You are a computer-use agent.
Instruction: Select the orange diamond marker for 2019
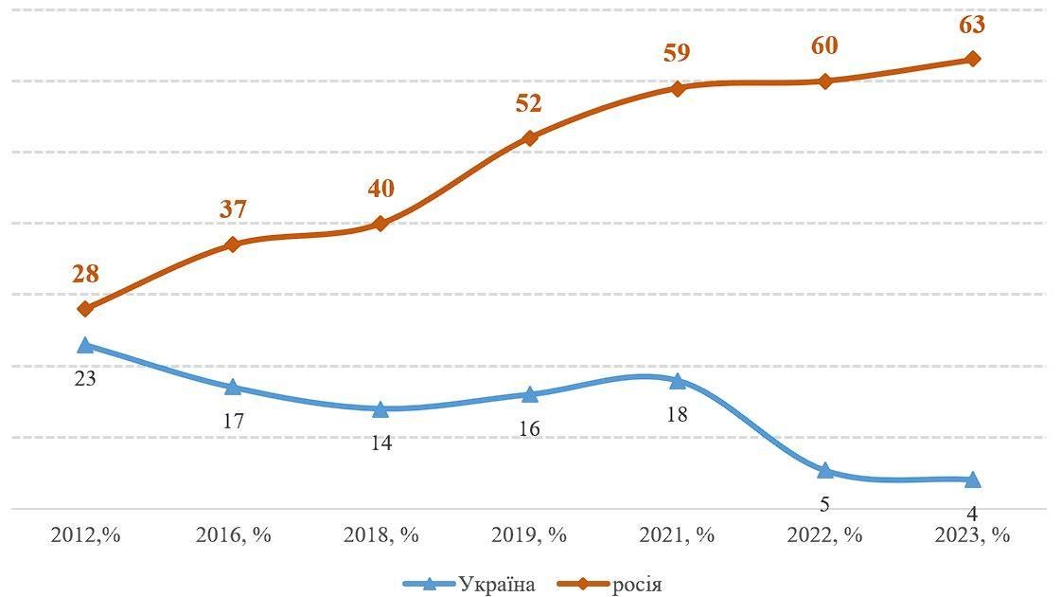pyautogui.click(x=530, y=137)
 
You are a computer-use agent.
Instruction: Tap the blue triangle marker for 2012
pyautogui.click(x=85, y=346)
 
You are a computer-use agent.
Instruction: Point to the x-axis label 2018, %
pyautogui.click(x=380, y=534)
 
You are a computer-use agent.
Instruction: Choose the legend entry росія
pyautogui.click(x=637, y=584)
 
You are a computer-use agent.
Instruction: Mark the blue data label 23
pyautogui.click(x=85, y=378)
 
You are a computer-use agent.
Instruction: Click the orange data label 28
pyautogui.click(x=85, y=275)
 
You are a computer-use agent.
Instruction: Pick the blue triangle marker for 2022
pyautogui.click(x=824, y=471)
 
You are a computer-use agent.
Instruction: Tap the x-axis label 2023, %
pyautogui.click(x=972, y=534)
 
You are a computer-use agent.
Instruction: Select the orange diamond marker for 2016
pyautogui.click(x=233, y=244)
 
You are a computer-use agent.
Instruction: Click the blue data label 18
pyautogui.click(x=677, y=414)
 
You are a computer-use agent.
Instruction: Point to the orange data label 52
pyautogui.click(x=529, y=103)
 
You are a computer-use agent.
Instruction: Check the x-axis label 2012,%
pyautogui.click(x=85, y=534)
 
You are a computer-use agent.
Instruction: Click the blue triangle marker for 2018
pyautogui.click(x=380, y=409)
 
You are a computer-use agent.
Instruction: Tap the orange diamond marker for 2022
pyautogui.click(x=825, y=81)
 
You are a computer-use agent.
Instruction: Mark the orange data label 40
pyautogui.click(x=380, y=189)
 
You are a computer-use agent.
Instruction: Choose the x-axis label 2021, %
pyautogui.click(x=677, y=534)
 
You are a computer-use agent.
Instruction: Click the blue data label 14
pyautogui.click(x=380, y=443)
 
